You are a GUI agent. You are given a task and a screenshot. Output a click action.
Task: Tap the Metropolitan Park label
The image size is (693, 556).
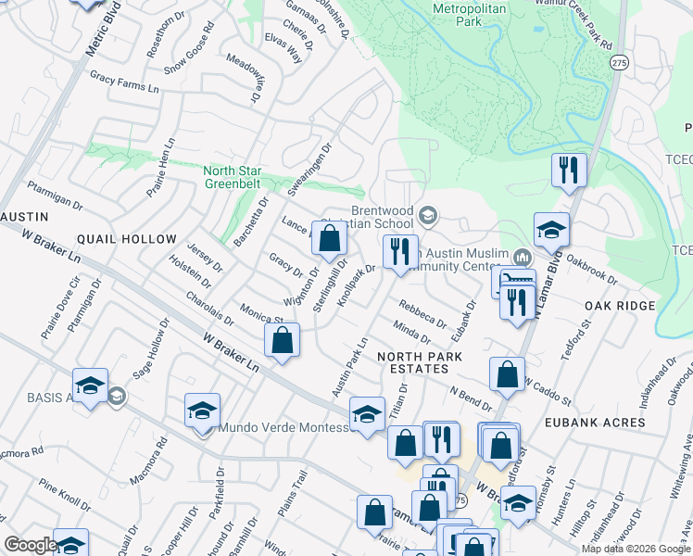[472, 14]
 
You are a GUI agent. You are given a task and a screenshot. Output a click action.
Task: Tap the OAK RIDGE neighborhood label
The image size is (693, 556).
[620, 306]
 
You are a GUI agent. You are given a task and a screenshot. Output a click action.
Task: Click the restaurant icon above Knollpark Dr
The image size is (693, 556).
[400, 252]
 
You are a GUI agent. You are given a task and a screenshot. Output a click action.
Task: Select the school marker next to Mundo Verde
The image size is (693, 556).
[202, 411]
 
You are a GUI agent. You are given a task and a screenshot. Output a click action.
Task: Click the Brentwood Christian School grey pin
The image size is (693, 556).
[427, 217]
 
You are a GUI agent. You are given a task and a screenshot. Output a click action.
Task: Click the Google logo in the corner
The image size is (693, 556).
[31, 545]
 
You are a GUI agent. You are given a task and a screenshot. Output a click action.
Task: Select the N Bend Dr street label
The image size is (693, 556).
[471, 398]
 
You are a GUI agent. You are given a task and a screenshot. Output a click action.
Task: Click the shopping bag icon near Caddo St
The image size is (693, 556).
[507, 375]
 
